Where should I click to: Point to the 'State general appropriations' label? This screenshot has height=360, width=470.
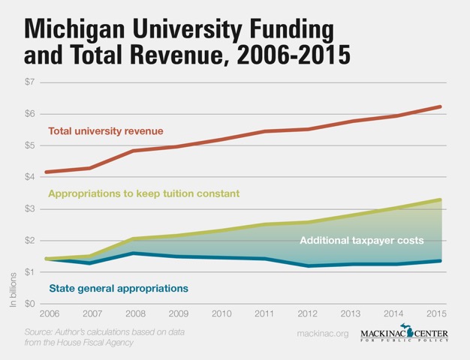118,288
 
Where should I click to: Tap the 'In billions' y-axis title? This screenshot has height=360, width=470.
13,289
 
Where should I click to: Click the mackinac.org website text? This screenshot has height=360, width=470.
323,332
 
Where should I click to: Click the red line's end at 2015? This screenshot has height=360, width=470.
440,107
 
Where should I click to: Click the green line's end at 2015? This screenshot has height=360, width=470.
440,199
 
